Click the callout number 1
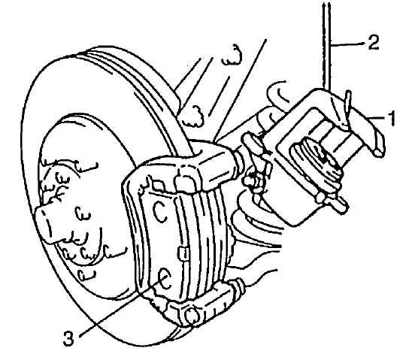click(392, 119)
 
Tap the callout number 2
click(373, 42)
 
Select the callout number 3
click(69, 338)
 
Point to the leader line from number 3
click(119, 307)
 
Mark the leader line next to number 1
click(377, 119)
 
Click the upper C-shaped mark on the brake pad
click(159, 211)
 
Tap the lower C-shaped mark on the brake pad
click(165, 279)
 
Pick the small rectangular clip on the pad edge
click(183, 253)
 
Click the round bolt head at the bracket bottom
click(191, 316)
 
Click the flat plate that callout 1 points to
click(368, 126)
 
